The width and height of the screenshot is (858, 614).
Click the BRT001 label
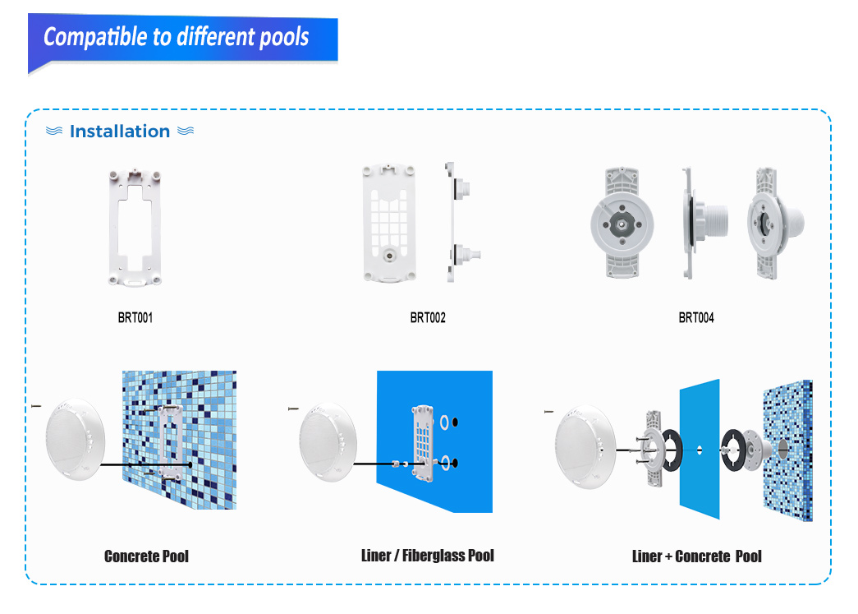click(135, 317)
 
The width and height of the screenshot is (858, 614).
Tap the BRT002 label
click(428, 317)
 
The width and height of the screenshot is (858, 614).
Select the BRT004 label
click(696, 317)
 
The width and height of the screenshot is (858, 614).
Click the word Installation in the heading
click(120, 132)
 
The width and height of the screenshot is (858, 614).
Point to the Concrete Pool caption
click(146, 556)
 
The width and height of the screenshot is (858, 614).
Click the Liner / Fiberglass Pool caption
click(428, 556)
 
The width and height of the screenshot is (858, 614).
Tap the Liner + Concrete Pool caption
click(696, 556)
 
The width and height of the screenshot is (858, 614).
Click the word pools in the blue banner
click(284, 37)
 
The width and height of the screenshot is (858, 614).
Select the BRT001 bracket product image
click(135, 228)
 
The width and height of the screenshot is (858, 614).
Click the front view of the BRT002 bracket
click(389, 224)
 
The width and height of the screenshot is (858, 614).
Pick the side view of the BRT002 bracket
click(461, 222)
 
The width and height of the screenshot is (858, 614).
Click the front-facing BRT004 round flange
click(622, 223)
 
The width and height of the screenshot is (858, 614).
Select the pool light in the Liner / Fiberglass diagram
click(328, 442)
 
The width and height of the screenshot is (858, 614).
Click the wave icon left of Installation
click(53, 131)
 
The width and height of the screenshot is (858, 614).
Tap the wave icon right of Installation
click(186, 131)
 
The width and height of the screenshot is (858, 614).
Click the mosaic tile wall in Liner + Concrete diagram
click(788, 450)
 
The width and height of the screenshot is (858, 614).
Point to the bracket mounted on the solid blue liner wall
click(424, 443)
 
